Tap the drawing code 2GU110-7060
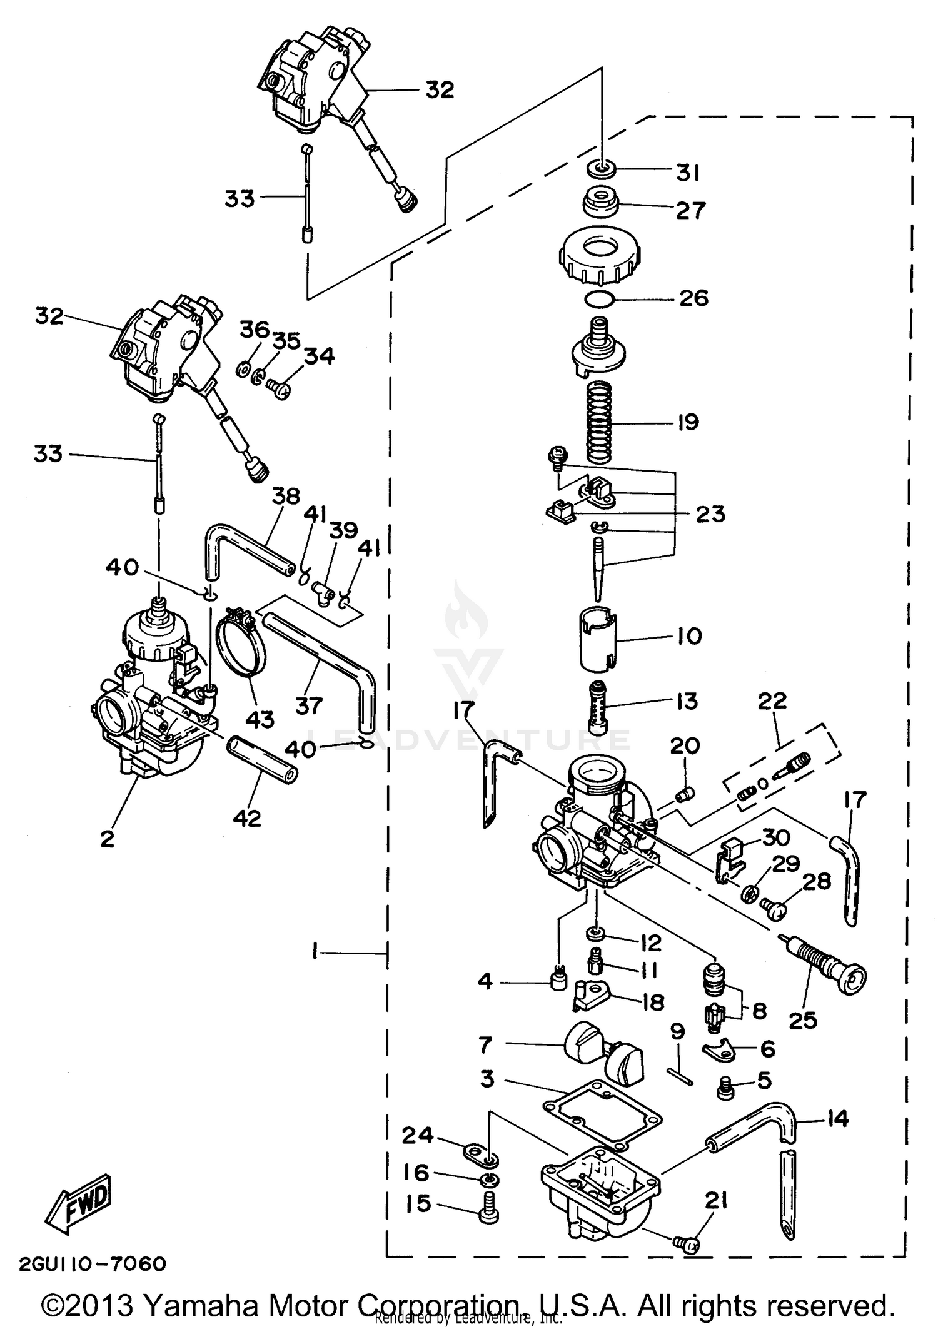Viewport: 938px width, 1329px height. click(x=93, y=1264)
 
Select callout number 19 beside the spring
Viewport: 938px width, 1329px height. click(x=688, y=422)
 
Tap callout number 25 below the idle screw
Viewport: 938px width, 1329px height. click(x=802, y=1020)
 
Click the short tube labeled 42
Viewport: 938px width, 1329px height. click(x=262, y=759)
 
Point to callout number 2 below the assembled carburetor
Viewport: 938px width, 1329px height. click(x=108, y=838)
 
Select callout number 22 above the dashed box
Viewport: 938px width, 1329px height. click(x=772, y=701)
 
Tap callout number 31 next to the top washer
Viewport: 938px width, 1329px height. click(x=688, y=173)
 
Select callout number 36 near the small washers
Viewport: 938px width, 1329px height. click(x=255, y=330)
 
